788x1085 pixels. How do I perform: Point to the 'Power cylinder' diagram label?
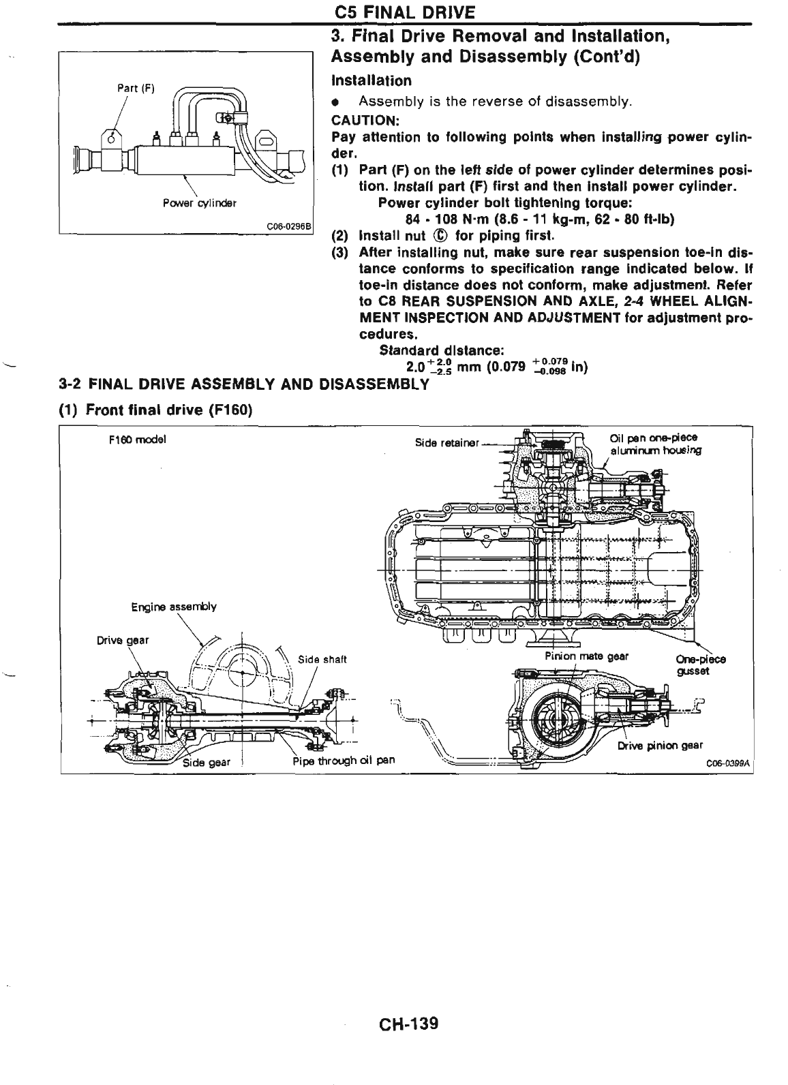coord(199,203)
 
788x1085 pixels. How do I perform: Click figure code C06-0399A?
coord(727,764)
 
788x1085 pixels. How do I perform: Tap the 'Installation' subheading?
coord(371,81)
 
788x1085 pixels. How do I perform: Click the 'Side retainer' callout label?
coord(446,442)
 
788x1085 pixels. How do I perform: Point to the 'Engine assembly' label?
coord(174,607)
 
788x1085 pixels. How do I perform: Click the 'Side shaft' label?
coord(323,659)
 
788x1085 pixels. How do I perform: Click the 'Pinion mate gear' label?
coord(586,656)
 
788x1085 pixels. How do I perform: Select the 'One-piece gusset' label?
coord(700,664)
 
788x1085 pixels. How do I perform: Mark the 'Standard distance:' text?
coord(441,351)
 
